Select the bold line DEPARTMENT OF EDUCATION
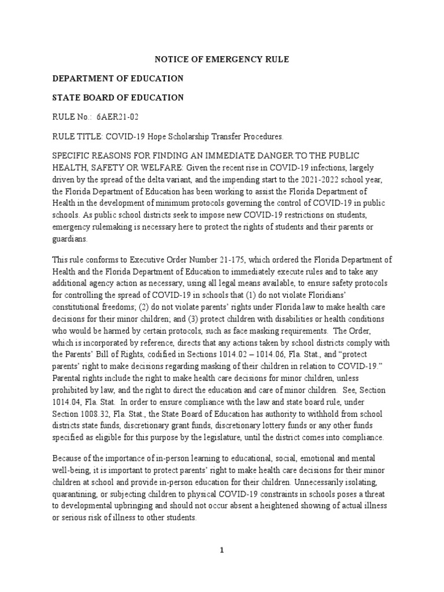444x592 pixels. [118, 78]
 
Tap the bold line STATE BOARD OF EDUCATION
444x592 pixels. [118, 98]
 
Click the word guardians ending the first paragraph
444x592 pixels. [71, 238]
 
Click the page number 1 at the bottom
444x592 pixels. [221, 550]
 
